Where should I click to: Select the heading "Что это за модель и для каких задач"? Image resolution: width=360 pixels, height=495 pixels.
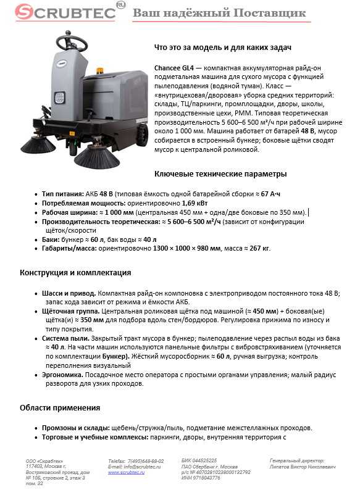coord(222,48)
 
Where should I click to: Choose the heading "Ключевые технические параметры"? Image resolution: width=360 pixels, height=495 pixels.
coord(220,173)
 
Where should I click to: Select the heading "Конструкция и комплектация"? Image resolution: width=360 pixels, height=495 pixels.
coord(75,272)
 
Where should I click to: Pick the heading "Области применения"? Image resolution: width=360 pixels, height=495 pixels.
coord(60,408)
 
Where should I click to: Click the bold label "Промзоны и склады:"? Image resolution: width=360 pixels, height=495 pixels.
coord(75,428)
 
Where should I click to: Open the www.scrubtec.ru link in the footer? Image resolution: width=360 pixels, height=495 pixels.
coord(127,472)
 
